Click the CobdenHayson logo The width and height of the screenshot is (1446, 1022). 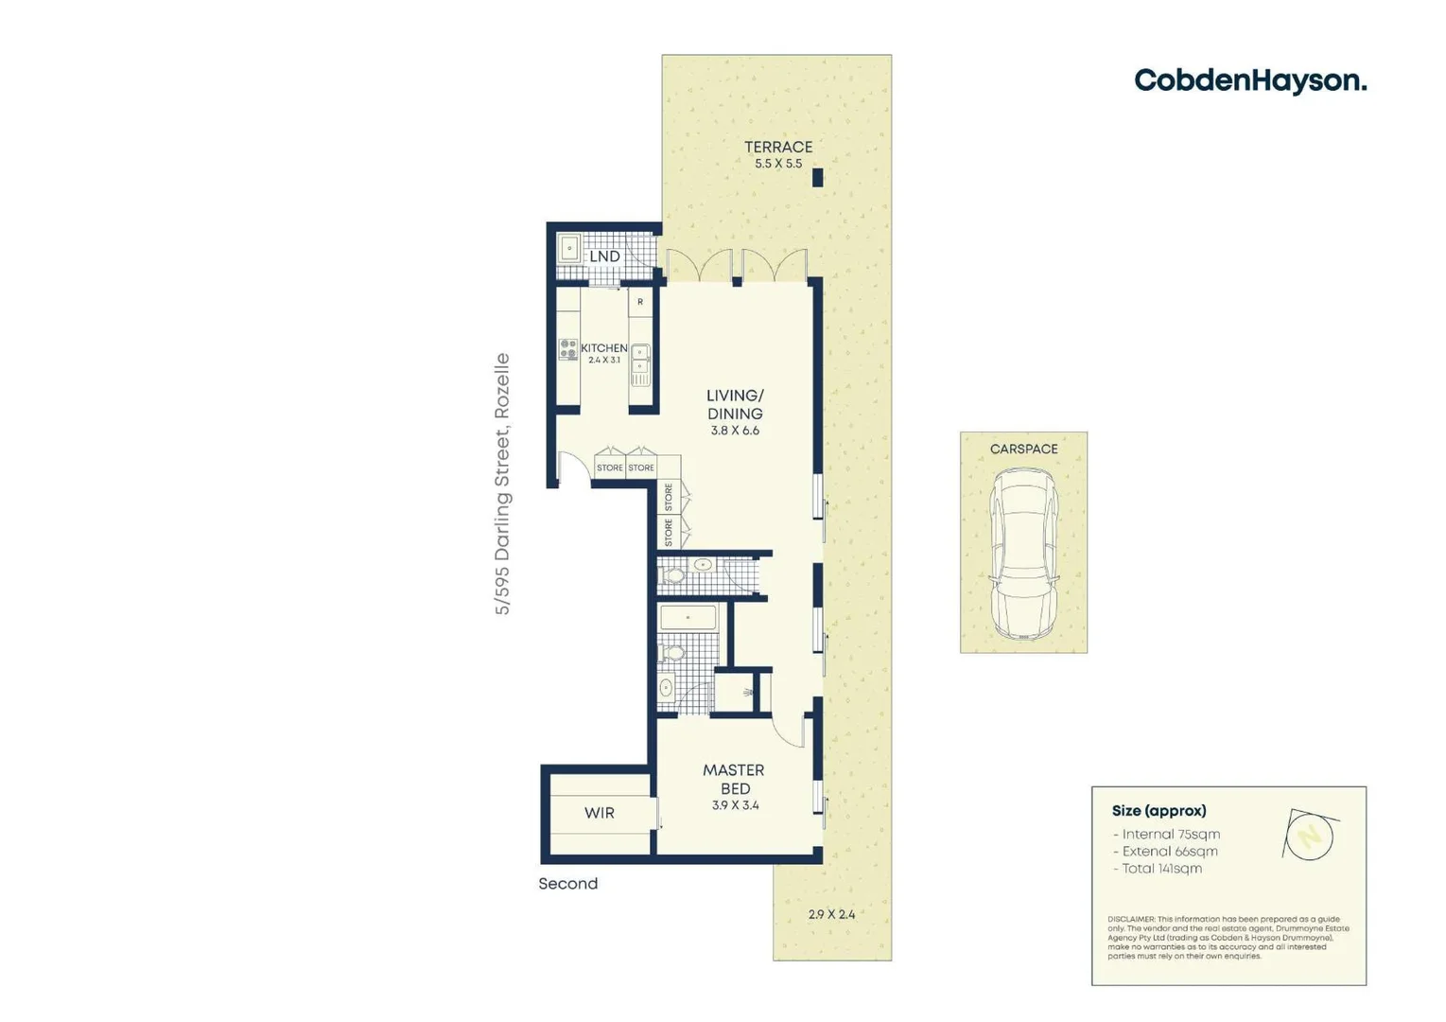tap(1249, 81)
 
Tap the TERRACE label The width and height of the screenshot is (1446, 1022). tap(777, 147)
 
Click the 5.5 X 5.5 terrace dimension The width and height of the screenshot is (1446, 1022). tap(777, 164)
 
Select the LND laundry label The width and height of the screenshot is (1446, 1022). tap(604, 256)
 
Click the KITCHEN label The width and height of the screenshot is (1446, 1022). tap(603, 347)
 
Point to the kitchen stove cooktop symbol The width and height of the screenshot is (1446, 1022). tap(567, 349)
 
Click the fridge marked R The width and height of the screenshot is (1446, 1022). tap(640, 302)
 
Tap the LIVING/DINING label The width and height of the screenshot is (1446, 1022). tap(735, 404)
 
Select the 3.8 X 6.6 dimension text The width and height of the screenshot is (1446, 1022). tap(735, 431)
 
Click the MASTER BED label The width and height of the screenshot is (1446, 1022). tap(734, 779)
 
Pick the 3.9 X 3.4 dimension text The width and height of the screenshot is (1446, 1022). tap(735, 805)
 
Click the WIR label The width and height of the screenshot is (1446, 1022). tap(599, 813)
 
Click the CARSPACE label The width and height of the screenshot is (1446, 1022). tap(1023, 449)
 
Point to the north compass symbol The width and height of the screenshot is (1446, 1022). tap(1309, 836)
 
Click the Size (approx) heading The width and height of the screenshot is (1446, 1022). tap(1159, 811)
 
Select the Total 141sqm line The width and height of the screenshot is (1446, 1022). tap(1158, 869)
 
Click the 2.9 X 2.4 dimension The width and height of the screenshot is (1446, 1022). tap(831, 914)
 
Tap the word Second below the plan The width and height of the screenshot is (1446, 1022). tap(567, 884)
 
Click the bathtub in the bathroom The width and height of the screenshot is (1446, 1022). tap(688, 619)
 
